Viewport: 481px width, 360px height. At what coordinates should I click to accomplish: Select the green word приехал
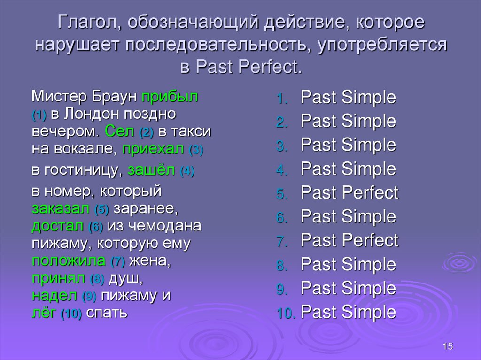153,150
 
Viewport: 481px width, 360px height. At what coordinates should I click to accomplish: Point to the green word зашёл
151,170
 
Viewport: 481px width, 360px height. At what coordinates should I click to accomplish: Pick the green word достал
57,225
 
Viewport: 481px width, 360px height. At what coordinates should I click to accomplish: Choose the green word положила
69,260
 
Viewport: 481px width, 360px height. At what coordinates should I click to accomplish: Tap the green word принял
59,278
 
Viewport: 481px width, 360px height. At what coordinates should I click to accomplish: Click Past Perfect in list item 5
349,193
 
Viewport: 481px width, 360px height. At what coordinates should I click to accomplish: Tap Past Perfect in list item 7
349,240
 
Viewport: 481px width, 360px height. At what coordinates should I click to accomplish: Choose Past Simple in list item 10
348,312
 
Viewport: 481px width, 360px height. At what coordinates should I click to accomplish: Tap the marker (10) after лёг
71,314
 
